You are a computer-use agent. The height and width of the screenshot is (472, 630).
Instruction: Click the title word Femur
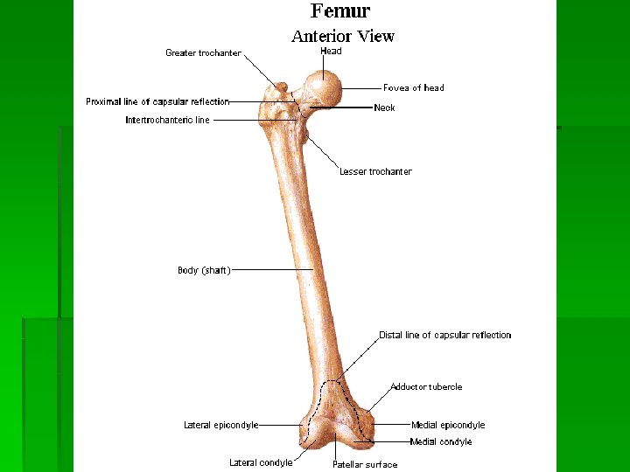[x=340, y=11]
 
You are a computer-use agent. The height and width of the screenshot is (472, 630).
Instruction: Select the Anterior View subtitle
[x=342, y=36]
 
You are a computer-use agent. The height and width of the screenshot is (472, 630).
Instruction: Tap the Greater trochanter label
[x=203, y=53]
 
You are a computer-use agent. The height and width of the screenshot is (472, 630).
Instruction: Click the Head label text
[x=331, y=52]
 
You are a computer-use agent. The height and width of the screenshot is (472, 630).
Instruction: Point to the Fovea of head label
[x=413, y=87]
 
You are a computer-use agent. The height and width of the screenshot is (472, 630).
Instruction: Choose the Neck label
[x=384, y=108]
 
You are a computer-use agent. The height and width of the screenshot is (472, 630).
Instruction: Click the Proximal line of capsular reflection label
[x=157, y=101]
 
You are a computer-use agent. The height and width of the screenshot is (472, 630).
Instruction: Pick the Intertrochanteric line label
[x=167, y=121]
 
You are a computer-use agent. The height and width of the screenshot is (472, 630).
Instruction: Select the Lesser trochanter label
[x=375, y=171]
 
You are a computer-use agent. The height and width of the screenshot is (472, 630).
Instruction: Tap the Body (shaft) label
[x=204, y=271]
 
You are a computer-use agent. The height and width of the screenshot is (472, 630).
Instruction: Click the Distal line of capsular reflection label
[x=444, y=335]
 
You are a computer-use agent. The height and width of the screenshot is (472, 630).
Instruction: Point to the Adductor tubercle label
[x=426, y=386]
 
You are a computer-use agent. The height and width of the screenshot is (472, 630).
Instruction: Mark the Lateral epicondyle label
[x=220, y=426]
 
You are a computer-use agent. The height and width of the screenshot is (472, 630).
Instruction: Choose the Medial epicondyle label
[x=447, y=426]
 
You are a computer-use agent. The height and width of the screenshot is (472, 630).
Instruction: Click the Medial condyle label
[x=441, y=442]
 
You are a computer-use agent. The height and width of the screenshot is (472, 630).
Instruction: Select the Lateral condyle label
[x=261, y=463]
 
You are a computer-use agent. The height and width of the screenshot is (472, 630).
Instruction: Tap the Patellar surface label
[x=364, y=464]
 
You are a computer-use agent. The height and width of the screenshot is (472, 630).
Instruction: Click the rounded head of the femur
[x=326, y=87]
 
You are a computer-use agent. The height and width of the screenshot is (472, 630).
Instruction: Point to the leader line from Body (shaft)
[x=271, y=271]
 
